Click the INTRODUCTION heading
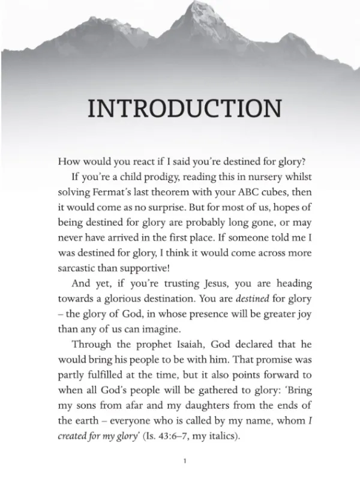point(184,109)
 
